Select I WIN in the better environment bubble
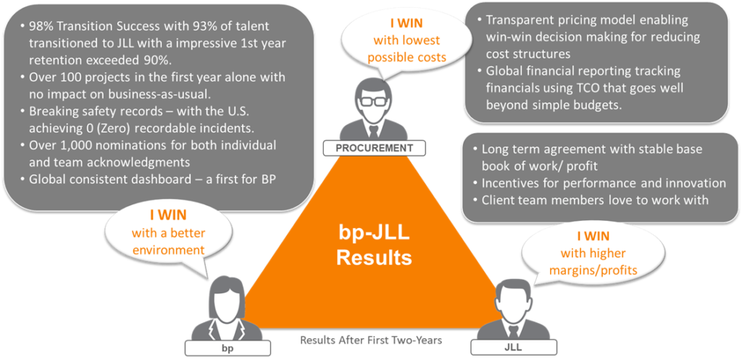click(168, 216)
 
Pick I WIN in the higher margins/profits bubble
click(593, 235)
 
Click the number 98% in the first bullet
click(41, 26)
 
